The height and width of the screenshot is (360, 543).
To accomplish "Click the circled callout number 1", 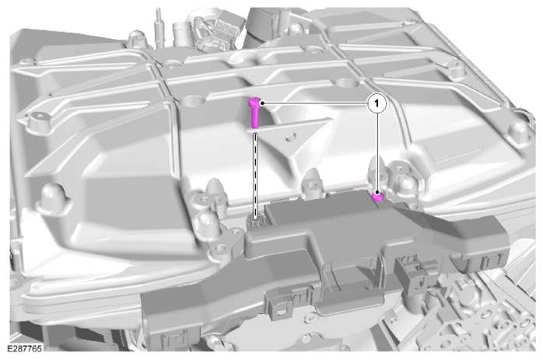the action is pyautogui.click(x=377, y=103).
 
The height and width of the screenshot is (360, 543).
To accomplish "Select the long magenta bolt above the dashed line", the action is pyautogui.click(x=254, y=113).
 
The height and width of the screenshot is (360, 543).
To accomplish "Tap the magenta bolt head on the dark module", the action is pyautogui.click(x=377, y=197).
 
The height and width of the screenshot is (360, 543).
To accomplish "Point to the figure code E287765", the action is pyautogui.click(x=24, y=348).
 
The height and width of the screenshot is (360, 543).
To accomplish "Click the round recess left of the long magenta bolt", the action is pyautogui.click(x=193, y=100).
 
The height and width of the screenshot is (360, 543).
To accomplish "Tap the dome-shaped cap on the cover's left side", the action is pyautogui.click(x=51, y=198).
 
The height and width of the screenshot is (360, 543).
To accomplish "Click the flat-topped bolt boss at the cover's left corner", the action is pyautogui.click(x=38, y=120).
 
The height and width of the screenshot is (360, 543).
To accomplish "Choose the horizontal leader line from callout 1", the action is pyautogui.click(x=316, y=103).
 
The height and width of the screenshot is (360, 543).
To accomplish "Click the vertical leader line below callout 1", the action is pyautogui.click(x=377, y=152).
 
